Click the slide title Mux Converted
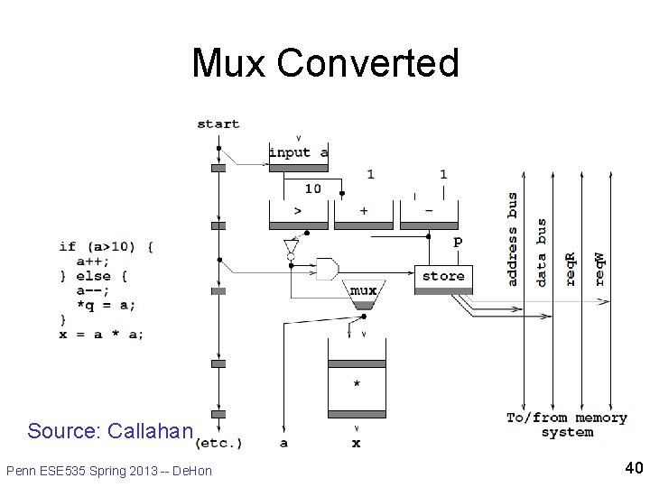pyautogui.click(x=325, y=63)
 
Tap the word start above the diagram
pyautogui.click(x=218, y=124)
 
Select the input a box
pyautogui.click(x=299, y=153)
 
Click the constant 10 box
pyautogui.click(x=312, y=188)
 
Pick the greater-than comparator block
pyautogui.click(x=298, y=210)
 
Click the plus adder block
pyautogui.click(x=363, y=210)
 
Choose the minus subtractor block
pyautogui.click(x=428, y=210)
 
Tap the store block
pyautogui.click(x=443, y=277)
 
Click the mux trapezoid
pyautogui.click(x=363, y=293)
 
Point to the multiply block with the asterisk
pyautogui.click(x=356, y=384)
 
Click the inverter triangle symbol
pyautogui.click(x=291, y=247)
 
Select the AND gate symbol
pyautogui.click(x=327, y=269)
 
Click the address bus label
pyautogui.click(x=513, y=239)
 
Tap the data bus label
pyautogui.click(x=542, y=253)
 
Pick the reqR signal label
pyautogui.click(x=571, y=268)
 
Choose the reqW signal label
pyautogui.click(x=600, y=268)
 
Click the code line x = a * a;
pyautogui.click(x=101, y=334)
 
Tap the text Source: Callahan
pyautogui.click(x=110, y=431)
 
